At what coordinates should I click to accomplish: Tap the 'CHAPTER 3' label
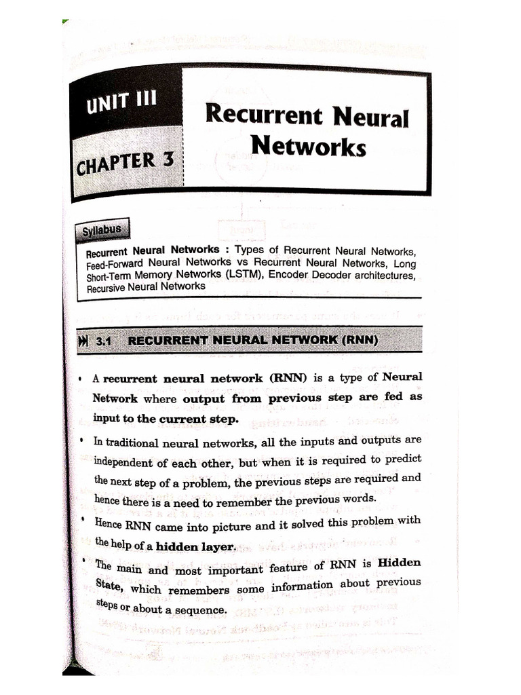pyautogui.click(x=126, y=163)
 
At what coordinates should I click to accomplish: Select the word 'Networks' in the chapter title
pyautogui.click(x=308, y=145)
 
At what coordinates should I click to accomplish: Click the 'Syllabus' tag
pyautogui.click(x=102, y=229)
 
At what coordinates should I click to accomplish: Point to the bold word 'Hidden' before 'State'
pyautogui.click(x=400, y=562)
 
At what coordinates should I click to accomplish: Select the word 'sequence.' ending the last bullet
pyautogui.click(x=201, y=610)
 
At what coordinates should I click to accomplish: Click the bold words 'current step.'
pyautogui.click(x=199, y=419)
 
